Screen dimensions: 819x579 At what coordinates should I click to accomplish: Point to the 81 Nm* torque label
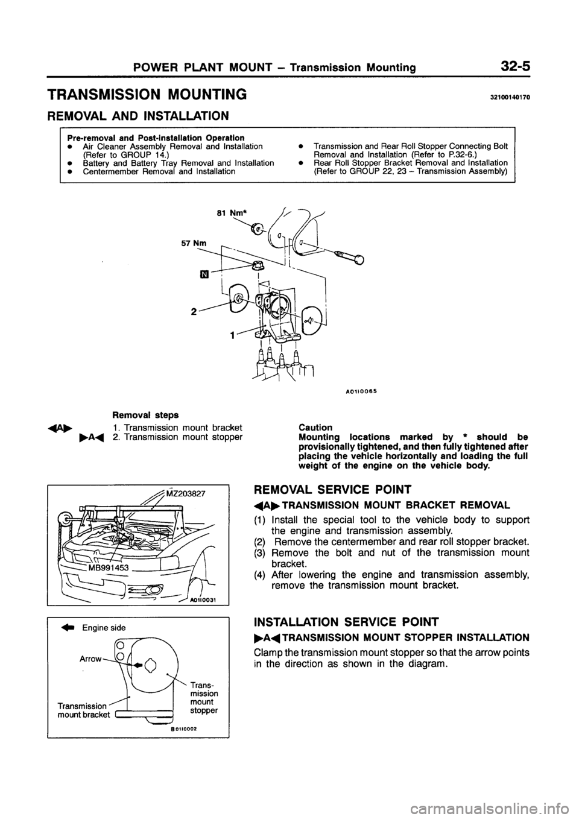point(228,213)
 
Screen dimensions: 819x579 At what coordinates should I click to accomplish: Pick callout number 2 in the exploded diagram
point(177,312)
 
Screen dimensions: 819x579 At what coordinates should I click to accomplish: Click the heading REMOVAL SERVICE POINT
point(345,490)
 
